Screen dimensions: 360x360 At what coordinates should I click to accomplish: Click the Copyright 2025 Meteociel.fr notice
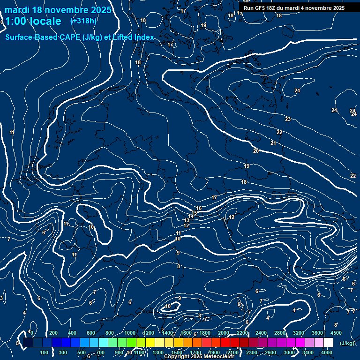(199, 357)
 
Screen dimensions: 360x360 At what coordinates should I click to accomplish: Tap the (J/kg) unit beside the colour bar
(346, 344)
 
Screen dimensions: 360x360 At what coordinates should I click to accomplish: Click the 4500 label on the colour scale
(336, 333)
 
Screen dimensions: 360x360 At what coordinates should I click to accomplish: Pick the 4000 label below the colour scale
(327, 352)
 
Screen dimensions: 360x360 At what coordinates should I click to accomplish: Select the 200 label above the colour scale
(53, 333)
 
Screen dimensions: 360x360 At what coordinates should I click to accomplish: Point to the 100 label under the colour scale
(44, 352)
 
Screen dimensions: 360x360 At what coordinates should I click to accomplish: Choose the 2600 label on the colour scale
(270, 352)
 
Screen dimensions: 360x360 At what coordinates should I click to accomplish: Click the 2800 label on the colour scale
(280, 333)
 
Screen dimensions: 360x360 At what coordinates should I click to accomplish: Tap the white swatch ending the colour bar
(328, 343)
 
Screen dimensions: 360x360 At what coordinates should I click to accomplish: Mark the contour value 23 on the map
(287, 119)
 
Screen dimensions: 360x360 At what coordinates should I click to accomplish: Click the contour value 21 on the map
(273, 143)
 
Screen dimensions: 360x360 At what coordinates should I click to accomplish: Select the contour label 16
(199, 208)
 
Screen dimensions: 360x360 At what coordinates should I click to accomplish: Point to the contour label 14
(191, 216)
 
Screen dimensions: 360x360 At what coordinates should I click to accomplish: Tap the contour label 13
(187, 220)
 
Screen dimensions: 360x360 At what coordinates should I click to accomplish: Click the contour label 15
(195, 213)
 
